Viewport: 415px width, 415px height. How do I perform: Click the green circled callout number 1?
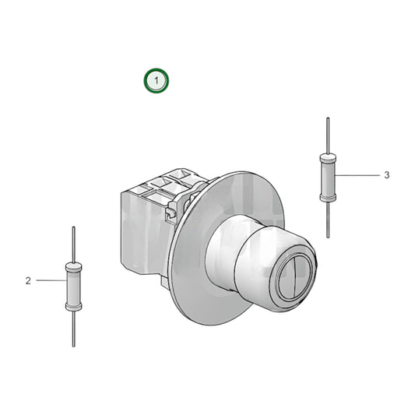(156, 80)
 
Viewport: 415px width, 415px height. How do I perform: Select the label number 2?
(28, 281)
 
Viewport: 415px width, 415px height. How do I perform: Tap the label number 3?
(386, 175)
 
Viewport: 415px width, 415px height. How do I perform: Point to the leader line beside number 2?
(49, 280)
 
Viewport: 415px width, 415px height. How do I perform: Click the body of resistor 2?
(74, 287)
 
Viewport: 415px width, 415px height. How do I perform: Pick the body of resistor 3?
(328, 178)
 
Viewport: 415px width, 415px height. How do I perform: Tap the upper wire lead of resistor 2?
(73, 244)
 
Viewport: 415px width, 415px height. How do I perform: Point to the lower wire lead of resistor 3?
(328, 220)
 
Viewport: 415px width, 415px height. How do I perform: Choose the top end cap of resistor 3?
(328, 158)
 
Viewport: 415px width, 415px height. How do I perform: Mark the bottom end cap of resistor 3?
(328, 198)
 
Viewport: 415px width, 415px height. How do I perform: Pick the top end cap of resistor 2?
(74, 267)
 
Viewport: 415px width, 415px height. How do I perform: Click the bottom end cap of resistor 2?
(74, 307)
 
